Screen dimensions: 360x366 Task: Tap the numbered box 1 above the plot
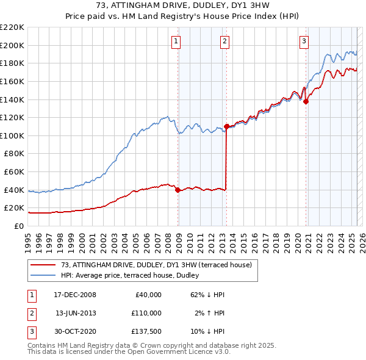pyautogui.click(x=176, y=41)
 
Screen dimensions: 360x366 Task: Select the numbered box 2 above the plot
pyautogui.click(x=225, y=41)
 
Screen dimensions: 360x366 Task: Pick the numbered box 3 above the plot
pyautogui.click(x=304, y=41)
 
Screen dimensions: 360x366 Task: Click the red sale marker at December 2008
pyautogui.click(x=178, y=190)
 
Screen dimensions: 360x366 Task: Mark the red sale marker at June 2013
pyautogui.click(x=226, y=126)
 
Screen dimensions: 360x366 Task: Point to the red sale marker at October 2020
pyautogui.click(x=306, y=102)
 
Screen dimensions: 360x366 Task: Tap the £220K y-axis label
pyautogui.click(x=12, y=27)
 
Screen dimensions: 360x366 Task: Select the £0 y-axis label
pyautogui.click(x=20, y=226)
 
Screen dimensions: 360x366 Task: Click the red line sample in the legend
pyautogui.click(x=43, y=265)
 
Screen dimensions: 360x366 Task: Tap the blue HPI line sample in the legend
pyautogui.click(x=43, y=275)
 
